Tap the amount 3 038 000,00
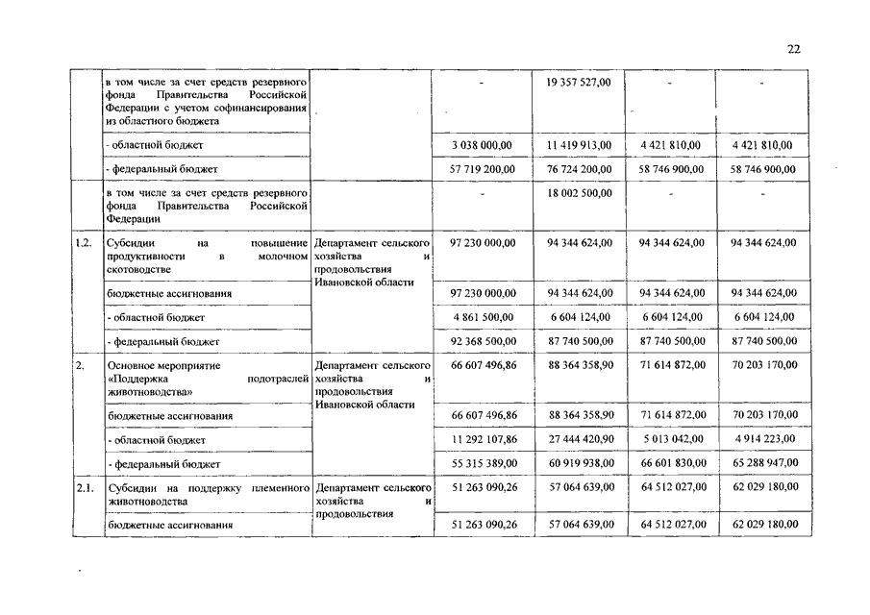483,145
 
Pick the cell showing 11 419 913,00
579,145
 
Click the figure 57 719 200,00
483,169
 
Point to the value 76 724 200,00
579,169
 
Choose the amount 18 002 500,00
579,193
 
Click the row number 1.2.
84,242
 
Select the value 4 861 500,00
483,317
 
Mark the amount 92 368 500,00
483,341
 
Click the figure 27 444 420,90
579,440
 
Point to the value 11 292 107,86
483,440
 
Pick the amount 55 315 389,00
483,464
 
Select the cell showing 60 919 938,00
579,464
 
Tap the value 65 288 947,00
763,464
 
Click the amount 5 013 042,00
671,440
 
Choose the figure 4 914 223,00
763,440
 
